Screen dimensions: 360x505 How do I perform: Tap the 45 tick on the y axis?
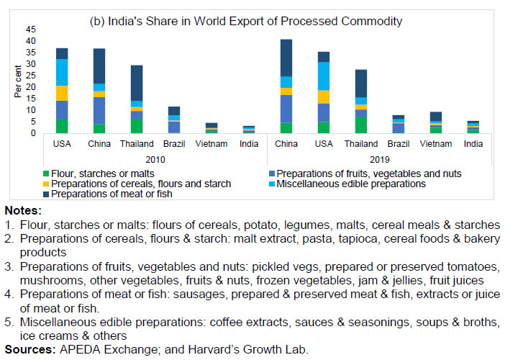[30, 30]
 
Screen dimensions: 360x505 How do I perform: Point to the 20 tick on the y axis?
[30, 87]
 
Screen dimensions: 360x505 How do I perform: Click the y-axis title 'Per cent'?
[17, 81]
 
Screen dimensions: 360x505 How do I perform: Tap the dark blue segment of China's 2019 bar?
[286, 58]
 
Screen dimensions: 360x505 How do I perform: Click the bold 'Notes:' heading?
[24, 211]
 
